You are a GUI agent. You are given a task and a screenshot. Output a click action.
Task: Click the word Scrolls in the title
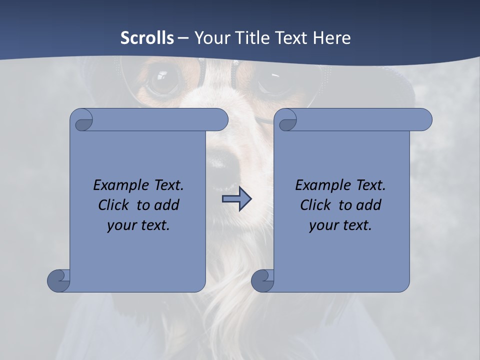click(x=147, y=37)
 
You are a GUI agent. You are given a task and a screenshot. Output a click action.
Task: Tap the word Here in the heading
click(x=332, y=37)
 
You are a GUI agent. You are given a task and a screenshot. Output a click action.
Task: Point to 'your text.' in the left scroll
click(x=138, y=225)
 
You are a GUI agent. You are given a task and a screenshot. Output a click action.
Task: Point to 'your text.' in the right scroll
click(x=340, y=225)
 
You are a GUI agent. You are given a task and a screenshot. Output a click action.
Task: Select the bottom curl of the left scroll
click(x=58, y=280)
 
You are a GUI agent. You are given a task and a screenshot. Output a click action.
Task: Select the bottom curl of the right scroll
click(x=262, y=280)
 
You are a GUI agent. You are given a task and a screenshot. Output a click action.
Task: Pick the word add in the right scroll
click(x=369, y=205)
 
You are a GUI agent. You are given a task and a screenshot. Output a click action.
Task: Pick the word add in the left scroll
click(x=167, y=205)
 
